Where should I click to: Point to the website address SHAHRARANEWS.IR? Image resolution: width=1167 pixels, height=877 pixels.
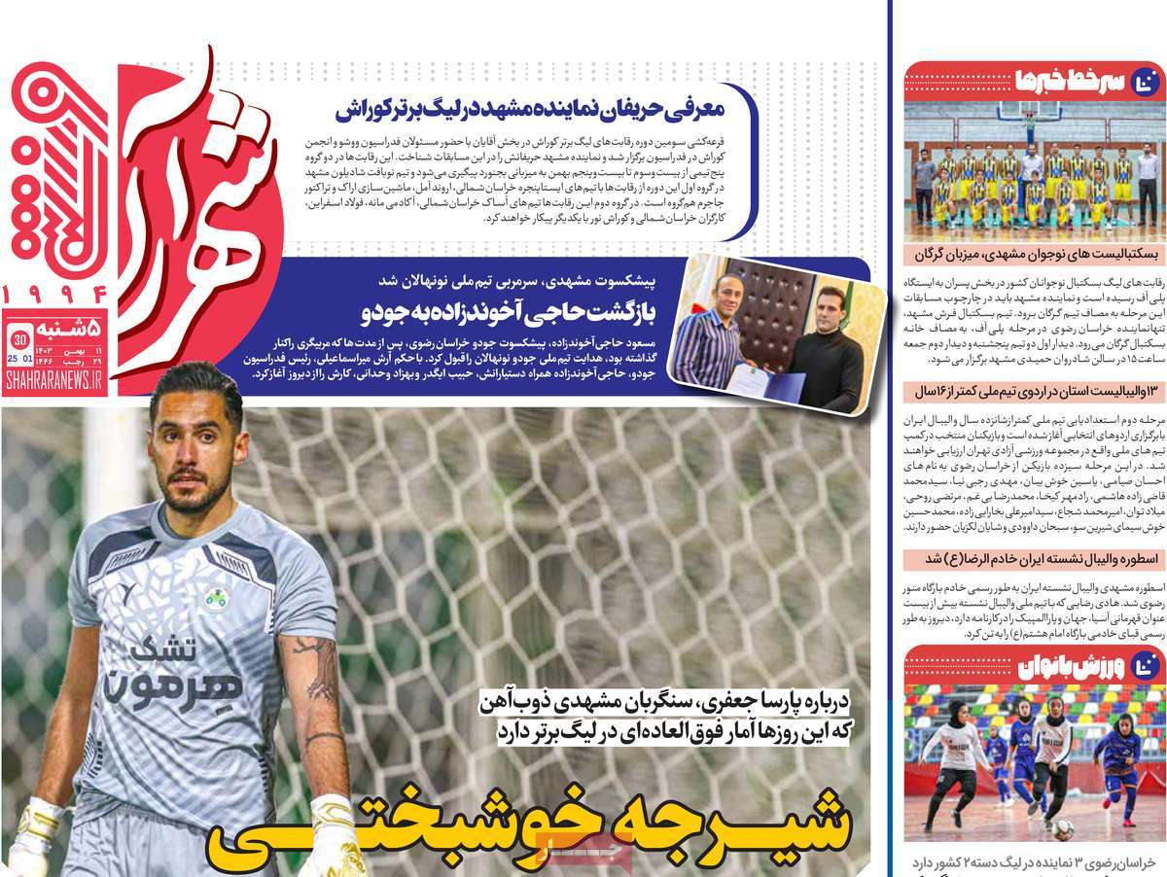[55, 386]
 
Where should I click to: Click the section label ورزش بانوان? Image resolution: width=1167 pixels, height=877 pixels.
[1076, 665]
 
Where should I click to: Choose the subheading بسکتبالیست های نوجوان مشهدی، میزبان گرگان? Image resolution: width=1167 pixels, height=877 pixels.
[1033, 256]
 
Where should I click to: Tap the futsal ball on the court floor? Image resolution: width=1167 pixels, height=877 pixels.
[1063, 828]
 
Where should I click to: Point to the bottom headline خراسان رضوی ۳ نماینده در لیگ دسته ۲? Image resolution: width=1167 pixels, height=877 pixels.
[1035, 862]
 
